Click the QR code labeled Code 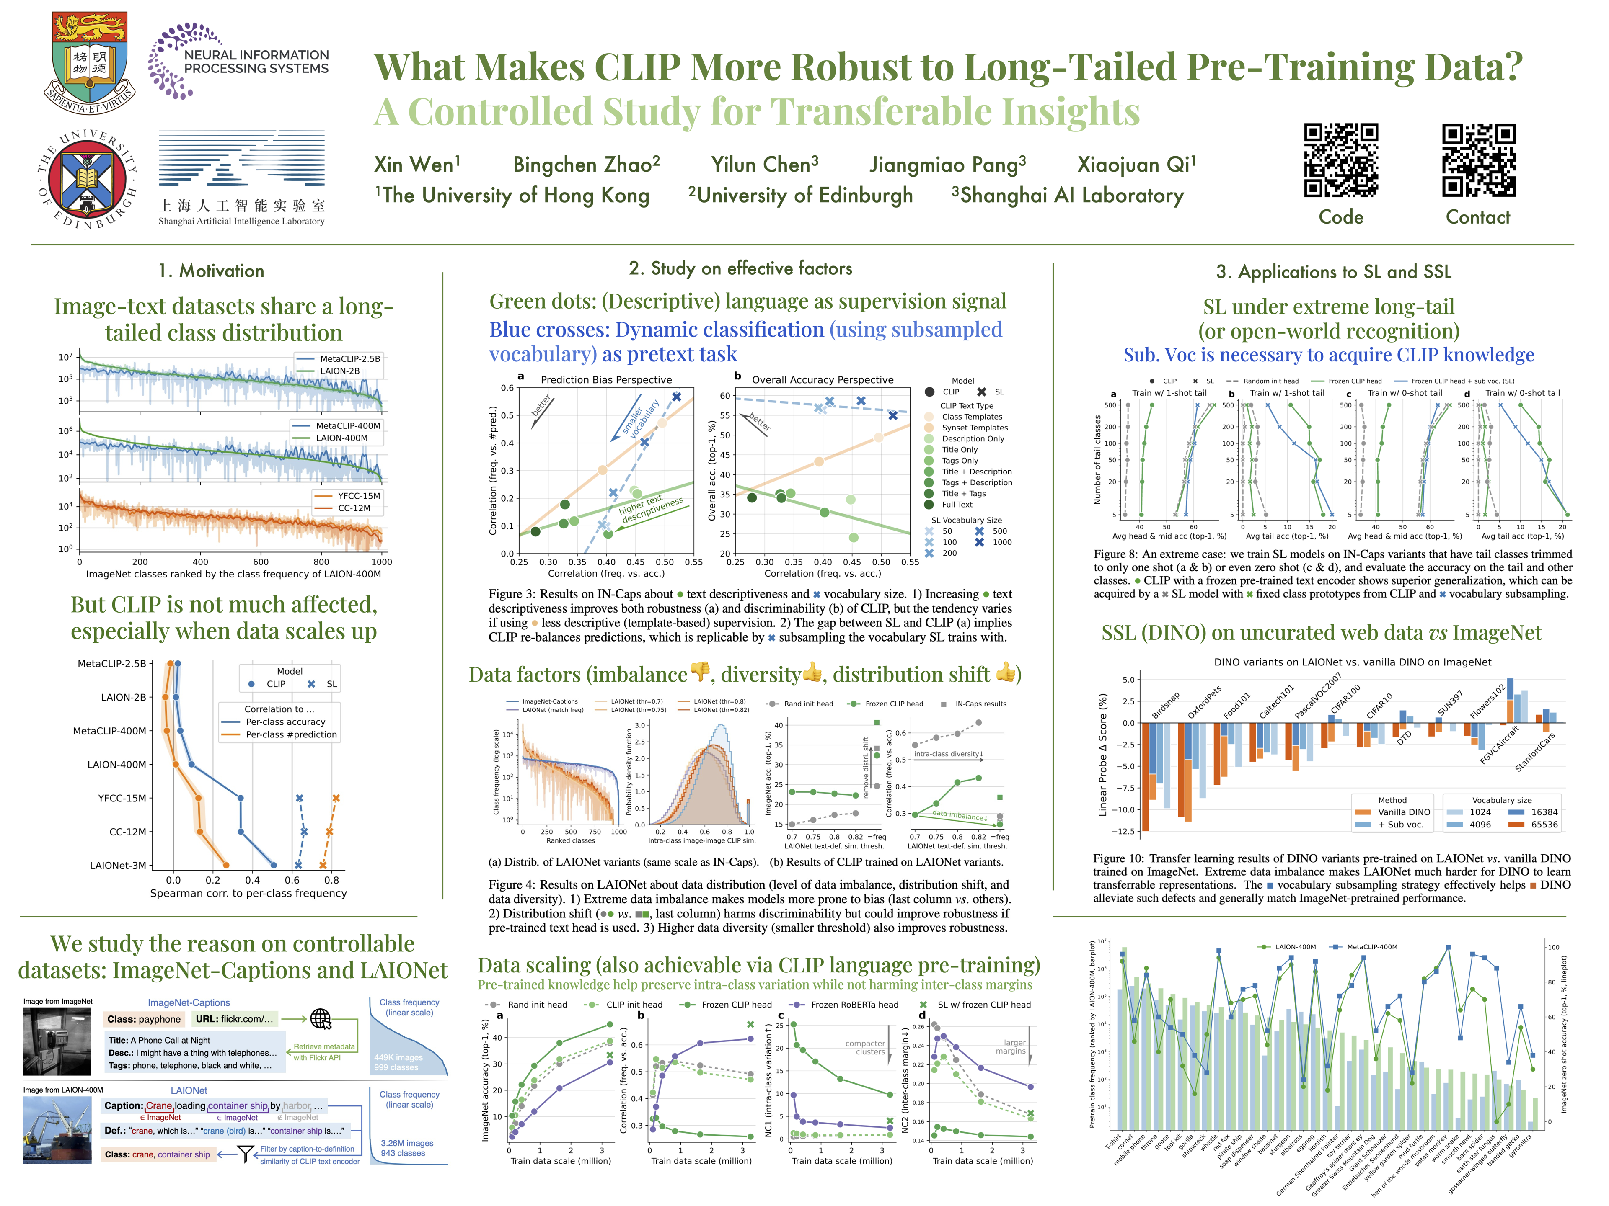pos(1340,161)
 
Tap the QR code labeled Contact pos(1478,161)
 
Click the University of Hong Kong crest pos(90,62)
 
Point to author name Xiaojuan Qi pos(1136,165)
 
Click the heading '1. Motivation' pos(211,271)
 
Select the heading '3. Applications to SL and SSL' pos(1333,272)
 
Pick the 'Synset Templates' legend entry pos(974,428)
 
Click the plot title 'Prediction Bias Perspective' pos(606,379)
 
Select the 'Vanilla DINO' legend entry pos(1403,812)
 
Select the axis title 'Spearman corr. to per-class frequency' pos(248,894)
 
